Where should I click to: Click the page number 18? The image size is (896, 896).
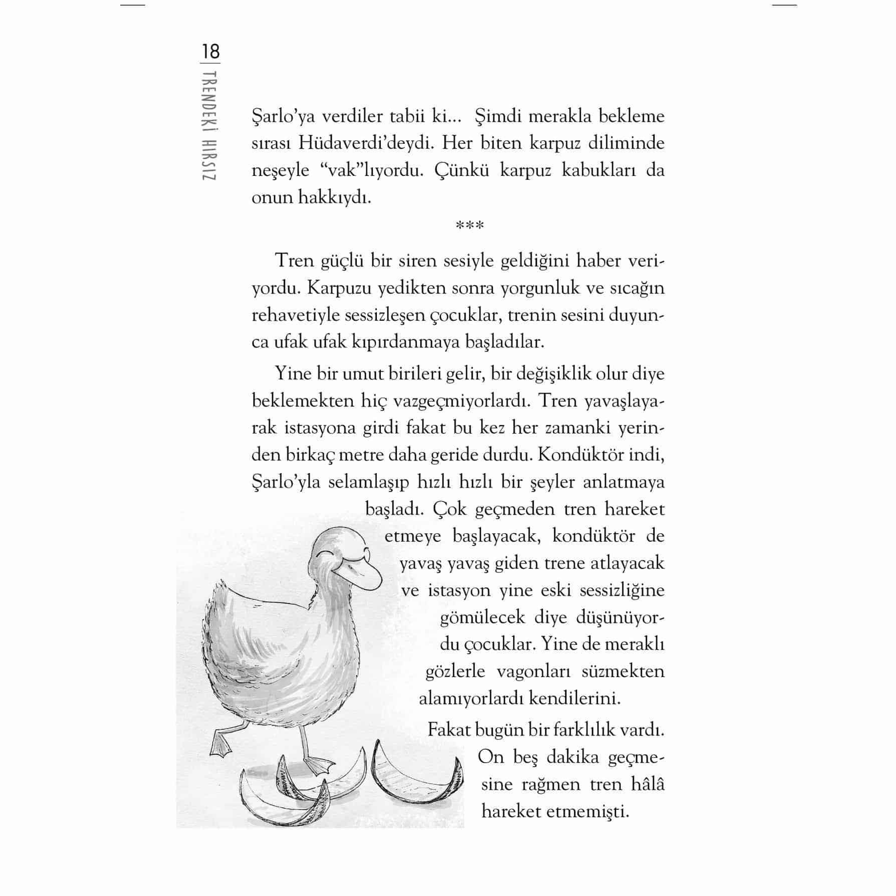click(x=210, y=52)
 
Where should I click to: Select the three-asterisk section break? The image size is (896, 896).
click(x=470, y=226)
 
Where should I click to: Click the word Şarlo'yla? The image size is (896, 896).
click(x=285, y=482)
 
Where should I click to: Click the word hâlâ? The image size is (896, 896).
click(x=647, y=784)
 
